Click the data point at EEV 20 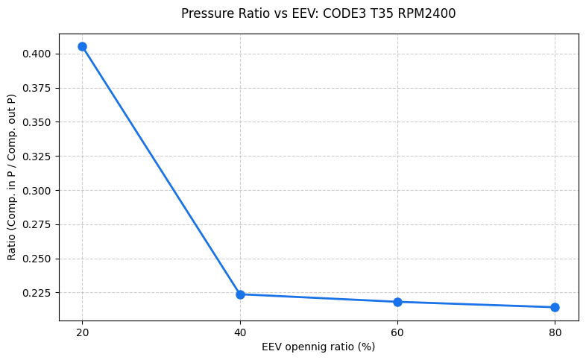pos(82,46)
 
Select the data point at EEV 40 pos(240,294)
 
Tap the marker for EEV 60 pos(397,302)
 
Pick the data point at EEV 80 pos(555,307)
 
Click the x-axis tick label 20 pos(82,332)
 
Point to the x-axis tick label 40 pos(240,332)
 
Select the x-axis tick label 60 pos(397,332)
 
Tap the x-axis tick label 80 pos(555,332)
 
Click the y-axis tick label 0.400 pos(37,54)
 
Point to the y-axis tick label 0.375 pos(37,88)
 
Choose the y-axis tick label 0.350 pos(37,122)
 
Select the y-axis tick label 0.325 pos(37,157)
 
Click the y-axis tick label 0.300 pos(37,191)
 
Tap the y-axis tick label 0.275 pos(37,224)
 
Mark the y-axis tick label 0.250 pos(37,259)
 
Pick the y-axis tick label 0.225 pos(37,293)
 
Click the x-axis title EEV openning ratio pos(318,347)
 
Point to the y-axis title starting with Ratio pos(11,177)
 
